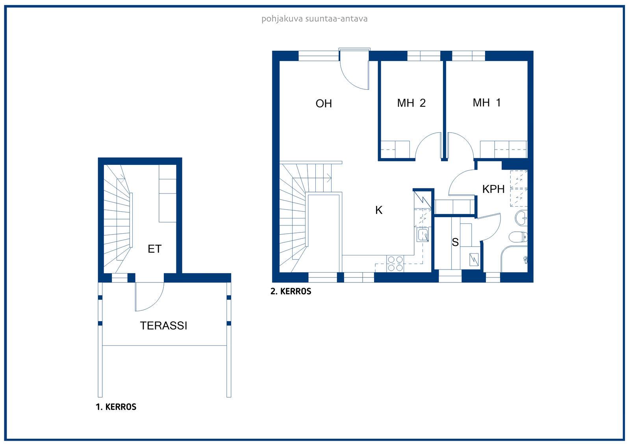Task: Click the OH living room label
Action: click(324, 104)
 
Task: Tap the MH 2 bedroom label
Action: click(411, 103)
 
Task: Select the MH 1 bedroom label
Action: click(487, 103)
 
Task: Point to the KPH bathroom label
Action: click(493, 189)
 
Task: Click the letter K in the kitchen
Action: click(379, 210)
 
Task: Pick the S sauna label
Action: click(455, 242)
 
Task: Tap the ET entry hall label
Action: click(154, 249)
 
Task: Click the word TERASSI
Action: click(163, 325)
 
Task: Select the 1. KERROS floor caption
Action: click(116, 407)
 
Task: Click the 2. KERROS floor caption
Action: click(291, 291)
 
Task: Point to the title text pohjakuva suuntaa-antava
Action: click(315, 19)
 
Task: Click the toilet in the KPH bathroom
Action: click(518, 237)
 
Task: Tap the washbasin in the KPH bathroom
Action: click(521, 218)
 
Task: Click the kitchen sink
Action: click(423, 235)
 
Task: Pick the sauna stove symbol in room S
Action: click(474, 260)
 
